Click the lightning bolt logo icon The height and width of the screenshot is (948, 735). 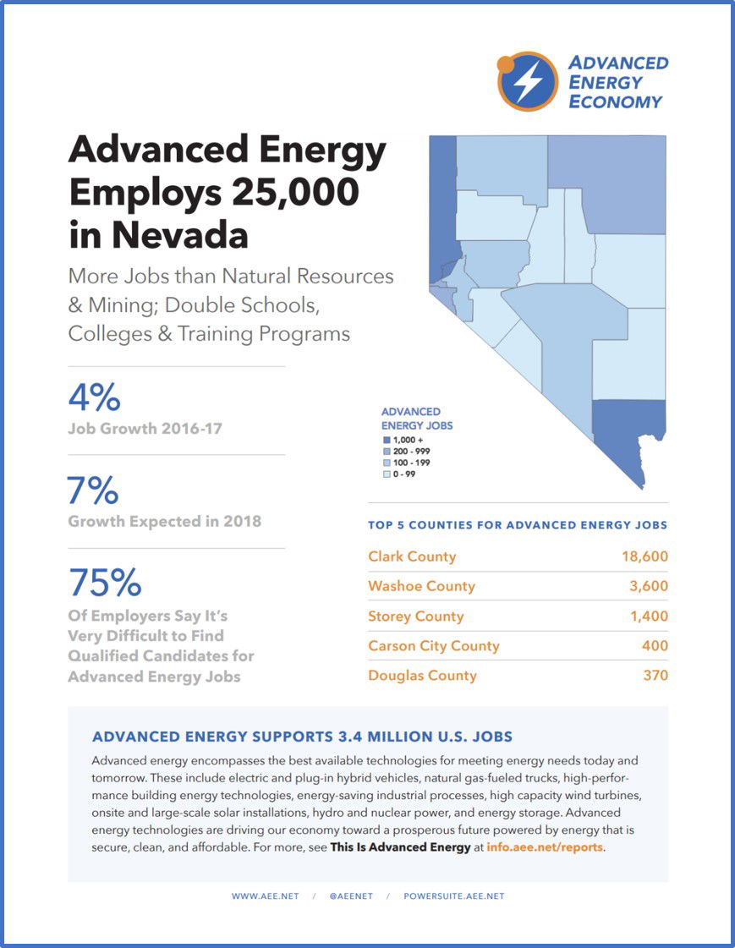[x=528, y=82]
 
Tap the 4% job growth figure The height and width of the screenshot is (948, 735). [x=94, y=398]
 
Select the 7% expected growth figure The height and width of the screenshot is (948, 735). [x=94, y=490]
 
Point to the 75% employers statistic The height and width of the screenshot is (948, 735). [x=106, y=583]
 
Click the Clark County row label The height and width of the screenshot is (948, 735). [x=412, y=556]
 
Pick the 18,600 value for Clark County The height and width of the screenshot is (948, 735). [x=643, y=556]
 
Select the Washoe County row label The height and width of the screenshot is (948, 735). [x=421, y=586]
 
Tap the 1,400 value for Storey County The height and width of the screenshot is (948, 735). [x=649, y=616]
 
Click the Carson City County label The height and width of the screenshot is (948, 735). [x=434, y=646]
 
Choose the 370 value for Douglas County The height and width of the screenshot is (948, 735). [x=655, y=676]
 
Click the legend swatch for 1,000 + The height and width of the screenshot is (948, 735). [x=387, y=441]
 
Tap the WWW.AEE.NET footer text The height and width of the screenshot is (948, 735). [x=265, y=896]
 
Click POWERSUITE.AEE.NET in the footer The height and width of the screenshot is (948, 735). [x=453, y=896]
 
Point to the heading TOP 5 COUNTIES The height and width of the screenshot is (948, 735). [x=518, y=525]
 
